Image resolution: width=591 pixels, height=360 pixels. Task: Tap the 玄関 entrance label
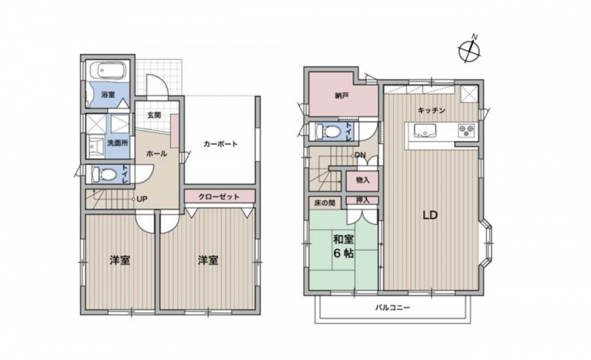coord(154,115)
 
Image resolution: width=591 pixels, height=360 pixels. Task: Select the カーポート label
coord(220,144)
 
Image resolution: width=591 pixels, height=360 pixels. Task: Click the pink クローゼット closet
coord(219,197)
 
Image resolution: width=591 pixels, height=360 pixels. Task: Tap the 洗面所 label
coord(117,143)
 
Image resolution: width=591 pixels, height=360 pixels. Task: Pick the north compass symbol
coord(470,49)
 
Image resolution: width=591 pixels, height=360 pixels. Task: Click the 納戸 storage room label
coord(341,96)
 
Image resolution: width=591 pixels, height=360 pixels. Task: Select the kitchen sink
coord(426,130)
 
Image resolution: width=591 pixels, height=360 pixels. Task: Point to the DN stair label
coord(360,155)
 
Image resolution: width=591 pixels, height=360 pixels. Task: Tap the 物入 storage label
coord(363,180)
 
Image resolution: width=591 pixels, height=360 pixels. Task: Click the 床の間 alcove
coord(324,203)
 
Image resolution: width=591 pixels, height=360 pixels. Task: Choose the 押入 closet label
coord(363,200)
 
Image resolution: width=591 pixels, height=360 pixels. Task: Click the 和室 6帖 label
coord(343,245)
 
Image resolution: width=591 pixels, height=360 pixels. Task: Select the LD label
coord(430,215)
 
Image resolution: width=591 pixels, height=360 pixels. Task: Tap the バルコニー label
coord(392,308)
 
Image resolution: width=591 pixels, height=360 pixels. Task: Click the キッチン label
coord(431,110)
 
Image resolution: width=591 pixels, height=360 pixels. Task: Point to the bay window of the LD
coord(488,243)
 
